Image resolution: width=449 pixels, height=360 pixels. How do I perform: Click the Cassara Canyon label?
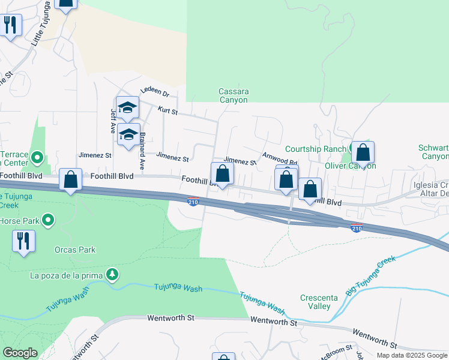pos(234,95)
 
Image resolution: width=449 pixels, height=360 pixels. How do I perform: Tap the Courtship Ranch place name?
pos(315,149)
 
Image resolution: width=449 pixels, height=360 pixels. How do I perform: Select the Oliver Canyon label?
pos(350,166)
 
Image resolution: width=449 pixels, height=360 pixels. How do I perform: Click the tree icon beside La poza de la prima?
pos(111,274)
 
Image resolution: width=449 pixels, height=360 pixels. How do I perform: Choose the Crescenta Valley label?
pos(316,302)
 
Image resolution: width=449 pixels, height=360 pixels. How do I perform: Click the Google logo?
pos(20,353)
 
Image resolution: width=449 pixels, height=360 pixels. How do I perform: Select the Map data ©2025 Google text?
pos(412,355)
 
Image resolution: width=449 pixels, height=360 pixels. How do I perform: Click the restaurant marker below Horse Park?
pos(23,241)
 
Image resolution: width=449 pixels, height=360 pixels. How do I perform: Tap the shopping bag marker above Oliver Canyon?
pos(363,152)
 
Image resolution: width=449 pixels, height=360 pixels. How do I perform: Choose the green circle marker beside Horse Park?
pos(49,221)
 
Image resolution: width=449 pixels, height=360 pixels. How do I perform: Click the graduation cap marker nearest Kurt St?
pos(127,107)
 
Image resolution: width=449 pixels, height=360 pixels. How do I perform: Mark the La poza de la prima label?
pos(67,276)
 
